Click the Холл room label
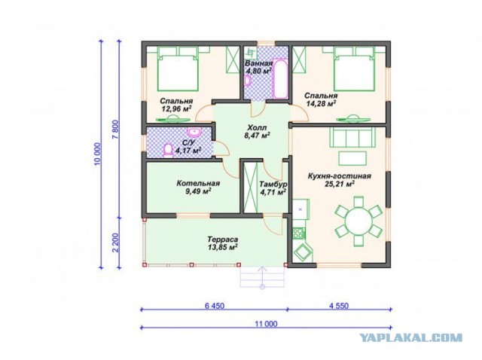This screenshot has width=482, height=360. [258, 127]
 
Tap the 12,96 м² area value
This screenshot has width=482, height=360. [176, 108]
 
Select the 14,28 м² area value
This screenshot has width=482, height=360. [321, 103]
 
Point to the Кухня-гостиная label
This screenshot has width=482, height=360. [340, 176]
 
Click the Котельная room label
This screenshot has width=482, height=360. [198, 183]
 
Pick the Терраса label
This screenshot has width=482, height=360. [223, 239]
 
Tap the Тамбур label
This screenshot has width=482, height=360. [273, 185]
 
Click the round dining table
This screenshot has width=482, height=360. [358, 221]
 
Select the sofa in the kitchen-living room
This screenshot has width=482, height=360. [352, 137]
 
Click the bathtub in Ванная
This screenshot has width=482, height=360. [280, 78]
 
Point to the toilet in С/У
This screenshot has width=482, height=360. [167, 150]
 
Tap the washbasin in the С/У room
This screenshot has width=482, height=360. [194, 133]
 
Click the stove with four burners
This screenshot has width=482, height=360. [298, 233]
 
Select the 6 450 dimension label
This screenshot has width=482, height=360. [214, 306]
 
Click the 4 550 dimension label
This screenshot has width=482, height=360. [339, 306]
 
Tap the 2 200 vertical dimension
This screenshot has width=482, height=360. [115, 243]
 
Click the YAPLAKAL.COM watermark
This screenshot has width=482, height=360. [411, 338]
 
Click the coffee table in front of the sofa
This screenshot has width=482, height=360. [352, 158]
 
